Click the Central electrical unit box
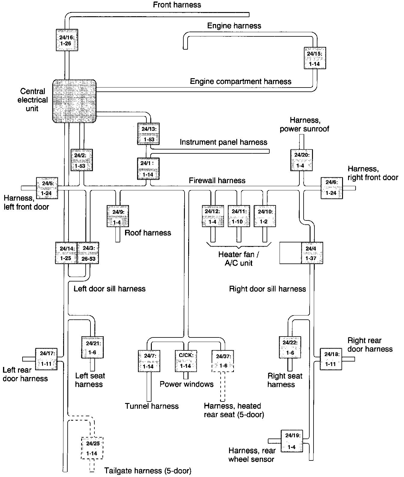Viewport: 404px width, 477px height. pos(75,101)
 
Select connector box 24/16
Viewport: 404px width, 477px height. pos(67,40)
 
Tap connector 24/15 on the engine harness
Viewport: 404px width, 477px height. pos(315,58)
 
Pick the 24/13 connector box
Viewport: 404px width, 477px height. pos(148,134)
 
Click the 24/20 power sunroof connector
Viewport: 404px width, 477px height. pos(301,160)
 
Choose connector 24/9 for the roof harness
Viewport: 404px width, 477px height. pos(118,216)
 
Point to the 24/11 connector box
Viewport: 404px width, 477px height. pos(239,216)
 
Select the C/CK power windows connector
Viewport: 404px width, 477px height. pos(186,361)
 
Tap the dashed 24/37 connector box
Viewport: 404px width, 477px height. pos(223,361)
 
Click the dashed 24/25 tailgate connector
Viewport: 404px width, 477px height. pos(92,448)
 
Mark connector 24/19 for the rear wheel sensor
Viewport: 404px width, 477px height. pos(292,441)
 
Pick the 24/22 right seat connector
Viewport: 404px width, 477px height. pos(290,347)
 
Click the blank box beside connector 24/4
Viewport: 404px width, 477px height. pos(290,253)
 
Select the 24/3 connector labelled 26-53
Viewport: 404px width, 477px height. pos(88,253)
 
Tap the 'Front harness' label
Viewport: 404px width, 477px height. pos(177,5)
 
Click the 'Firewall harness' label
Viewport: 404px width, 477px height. pos(217,180)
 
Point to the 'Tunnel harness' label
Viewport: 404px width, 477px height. pos(152,406)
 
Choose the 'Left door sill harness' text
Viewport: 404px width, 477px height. pos(109,289)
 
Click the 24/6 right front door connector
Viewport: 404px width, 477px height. pos(332,188)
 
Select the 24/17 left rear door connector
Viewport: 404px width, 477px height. pos(46,359)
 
